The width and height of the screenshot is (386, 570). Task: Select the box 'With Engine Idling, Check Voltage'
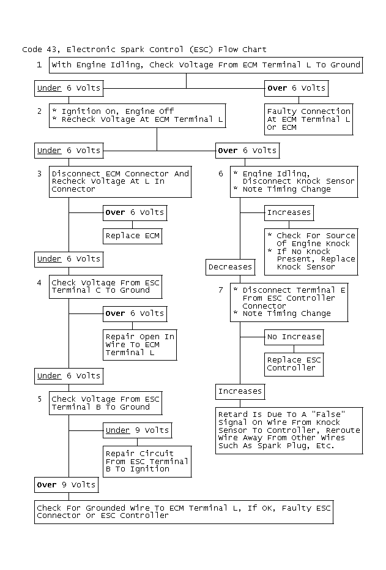(x=206, y=65)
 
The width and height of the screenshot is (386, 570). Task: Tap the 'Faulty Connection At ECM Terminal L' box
(x=309, y=119)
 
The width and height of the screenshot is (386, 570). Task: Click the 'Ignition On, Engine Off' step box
(x=137, y=116)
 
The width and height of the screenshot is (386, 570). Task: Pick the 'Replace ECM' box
(x=133, y=236)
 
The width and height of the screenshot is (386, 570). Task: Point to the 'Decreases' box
(x=230, y=267)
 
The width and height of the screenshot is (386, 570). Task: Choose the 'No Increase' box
(x=294, y=337)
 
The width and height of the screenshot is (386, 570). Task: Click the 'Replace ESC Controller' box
(x=294, y=365)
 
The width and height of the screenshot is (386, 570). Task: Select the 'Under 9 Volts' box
(x=137, y=431)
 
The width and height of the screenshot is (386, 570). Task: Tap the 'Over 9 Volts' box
(x=67, y=486)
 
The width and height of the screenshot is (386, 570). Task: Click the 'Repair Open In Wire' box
(x=140, y=345)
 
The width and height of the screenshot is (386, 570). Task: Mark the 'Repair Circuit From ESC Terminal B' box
(x=147, y=462)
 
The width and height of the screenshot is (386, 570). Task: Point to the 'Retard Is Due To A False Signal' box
(x=289, y=431)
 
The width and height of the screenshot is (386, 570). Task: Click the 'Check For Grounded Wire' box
(x=184, y=512)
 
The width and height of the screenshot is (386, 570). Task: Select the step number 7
(x=221, y=290)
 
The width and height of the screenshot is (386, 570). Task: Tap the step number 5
(x=40, y=399)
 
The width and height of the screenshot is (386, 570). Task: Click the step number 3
(x=40, y=174)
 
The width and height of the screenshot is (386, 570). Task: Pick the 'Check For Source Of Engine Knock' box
(x=311, y=252)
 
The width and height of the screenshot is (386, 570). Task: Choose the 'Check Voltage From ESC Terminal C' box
(x=106, y=287)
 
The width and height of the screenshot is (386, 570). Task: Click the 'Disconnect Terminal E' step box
(x=289, y=302)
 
